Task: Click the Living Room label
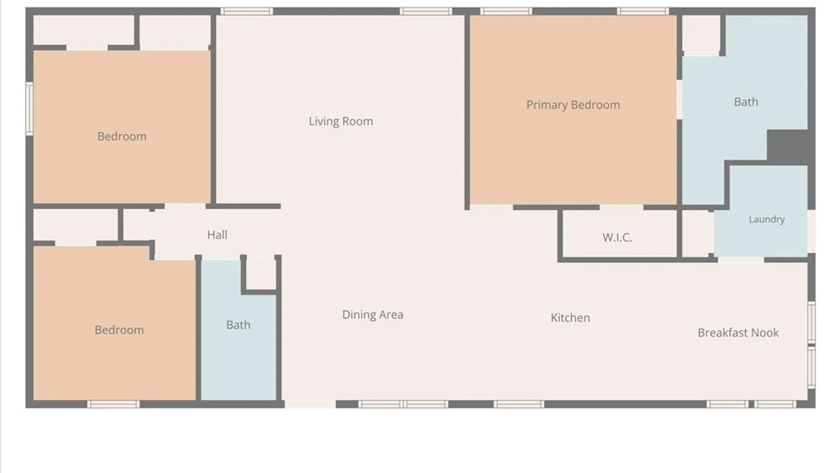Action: (341, 121)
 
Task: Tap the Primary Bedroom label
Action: (573, 105)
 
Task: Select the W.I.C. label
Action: (617, 237)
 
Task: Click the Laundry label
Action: (766, 219)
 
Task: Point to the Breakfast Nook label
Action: (738, 333)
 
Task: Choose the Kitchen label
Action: (570, 318)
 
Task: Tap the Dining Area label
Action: (373, 314)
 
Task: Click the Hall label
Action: (217, 235)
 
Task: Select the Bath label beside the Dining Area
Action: (238, 325)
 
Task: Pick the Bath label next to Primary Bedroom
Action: (746, 102)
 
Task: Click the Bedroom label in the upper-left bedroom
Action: (122, 137)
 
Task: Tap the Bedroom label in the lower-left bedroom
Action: (119, 330)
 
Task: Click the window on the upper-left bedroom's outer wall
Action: (29, 109)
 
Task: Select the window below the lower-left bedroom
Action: (113, 404)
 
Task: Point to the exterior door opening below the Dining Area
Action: (310, 404)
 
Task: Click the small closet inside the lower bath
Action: (261, 274)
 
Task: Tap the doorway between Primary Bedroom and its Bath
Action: (679, 99)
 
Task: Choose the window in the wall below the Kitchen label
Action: (519, 404)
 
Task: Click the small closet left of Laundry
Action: (698, 234)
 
